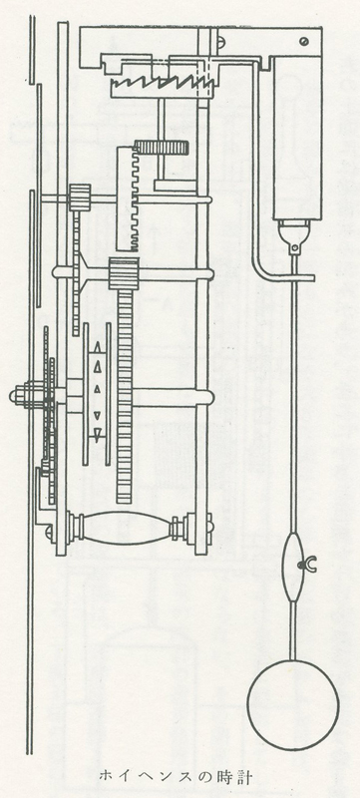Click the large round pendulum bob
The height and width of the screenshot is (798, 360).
click(293, 704)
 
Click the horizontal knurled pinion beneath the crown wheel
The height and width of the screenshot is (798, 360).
click(162, 148)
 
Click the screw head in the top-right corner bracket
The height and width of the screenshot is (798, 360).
click(304, 41)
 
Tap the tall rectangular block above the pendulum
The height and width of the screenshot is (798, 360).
click(297, 138)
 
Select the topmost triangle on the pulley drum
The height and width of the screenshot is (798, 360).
click(97, 350)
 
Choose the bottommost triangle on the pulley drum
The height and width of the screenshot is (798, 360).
click(97, 434)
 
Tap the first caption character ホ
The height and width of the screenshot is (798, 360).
click(106, 775)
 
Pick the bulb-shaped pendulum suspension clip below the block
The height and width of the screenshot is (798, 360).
click(293, 236)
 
